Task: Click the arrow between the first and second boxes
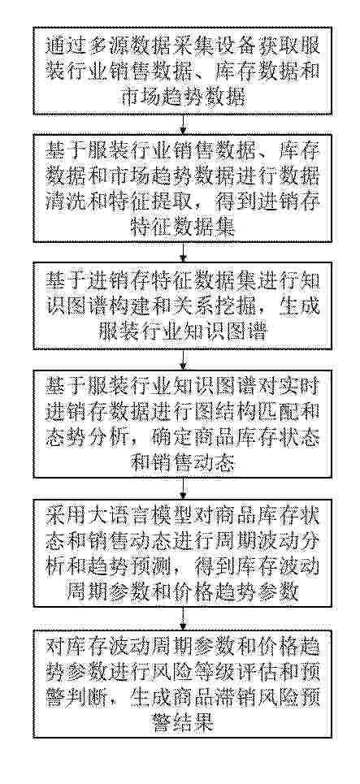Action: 183,123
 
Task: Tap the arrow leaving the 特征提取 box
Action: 183,252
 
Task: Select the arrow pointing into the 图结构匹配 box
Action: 183,359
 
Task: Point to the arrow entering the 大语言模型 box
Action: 183,487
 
